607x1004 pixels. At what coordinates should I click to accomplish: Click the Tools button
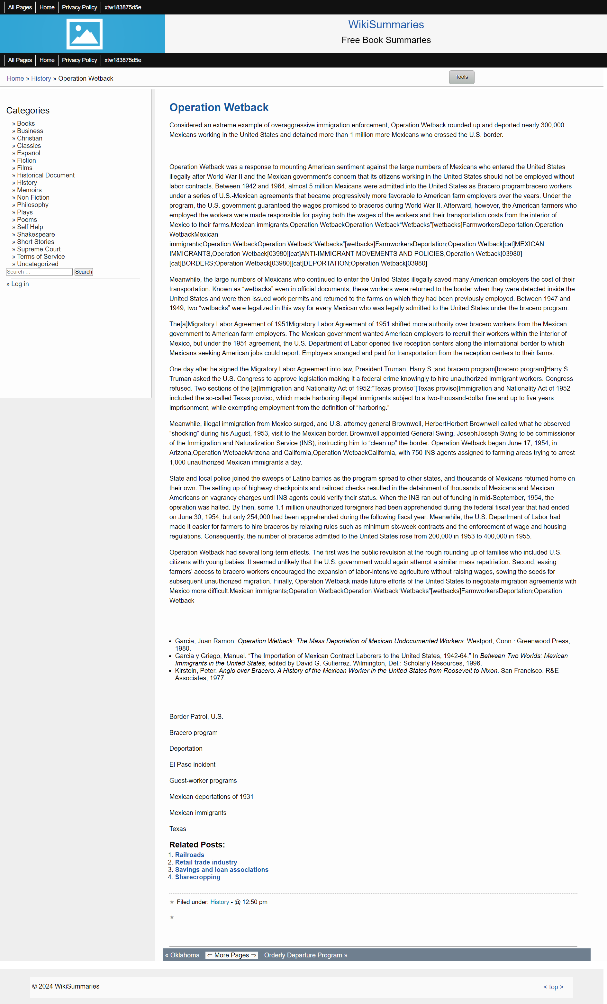pos(462,77)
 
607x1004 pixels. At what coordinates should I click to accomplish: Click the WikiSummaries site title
pos(386,24)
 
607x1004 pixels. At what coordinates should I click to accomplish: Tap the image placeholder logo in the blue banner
pos(84,34)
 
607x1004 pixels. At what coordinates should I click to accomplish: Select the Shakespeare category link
pos(36,234)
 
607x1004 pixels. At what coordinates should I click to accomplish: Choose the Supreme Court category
pos(39,249)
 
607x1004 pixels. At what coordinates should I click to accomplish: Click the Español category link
pos(29,153)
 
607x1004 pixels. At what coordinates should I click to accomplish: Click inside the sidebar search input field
pos(39,272)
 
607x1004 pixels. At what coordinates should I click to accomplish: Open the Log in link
pos(20,284)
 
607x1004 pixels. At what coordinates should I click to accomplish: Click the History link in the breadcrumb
pos(41,78)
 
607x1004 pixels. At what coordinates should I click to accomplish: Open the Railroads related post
pos(189,855)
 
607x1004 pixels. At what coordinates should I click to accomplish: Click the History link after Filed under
pos(220,902)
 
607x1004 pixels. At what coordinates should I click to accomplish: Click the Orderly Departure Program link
pos(305,955)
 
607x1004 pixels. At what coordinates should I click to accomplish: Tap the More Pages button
pos(231,955)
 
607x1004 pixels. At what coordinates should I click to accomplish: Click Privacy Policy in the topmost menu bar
pos(79,7)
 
